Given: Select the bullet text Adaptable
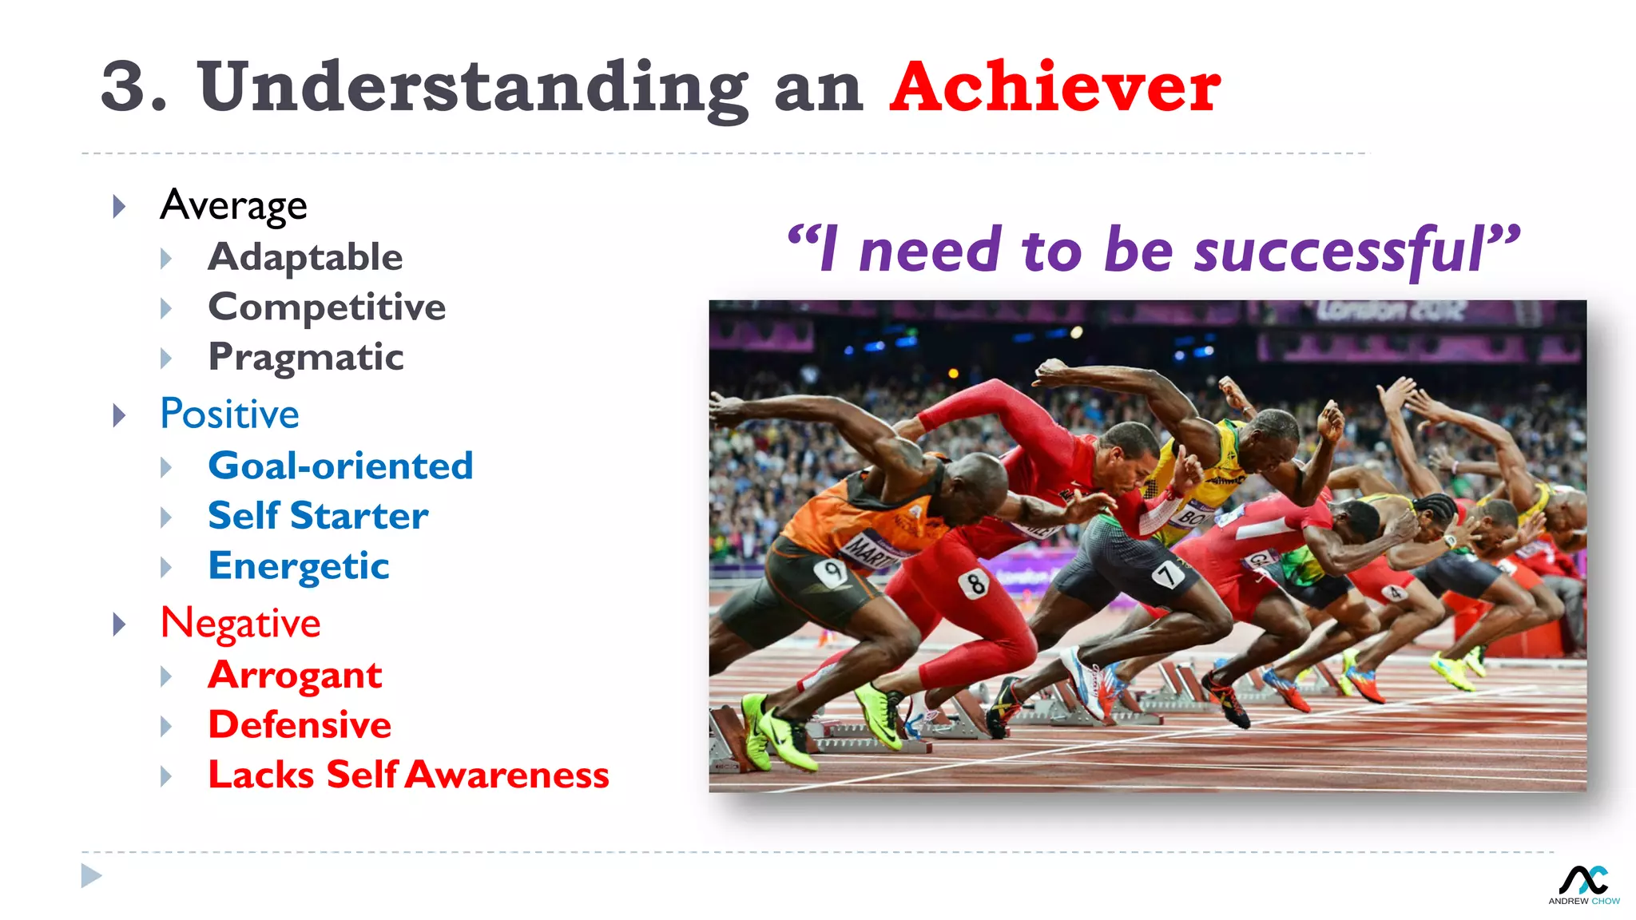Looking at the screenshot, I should [305, 257].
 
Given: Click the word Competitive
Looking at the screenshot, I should [327, 307].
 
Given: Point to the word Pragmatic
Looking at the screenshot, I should [306, 357].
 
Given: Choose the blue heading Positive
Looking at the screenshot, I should [229, 414].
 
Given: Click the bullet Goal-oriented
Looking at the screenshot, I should [340, 466].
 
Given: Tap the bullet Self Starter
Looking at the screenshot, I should [318, 516].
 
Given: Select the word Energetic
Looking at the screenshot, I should [299, 566].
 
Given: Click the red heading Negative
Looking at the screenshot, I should [240, 623].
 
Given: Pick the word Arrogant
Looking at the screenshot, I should [295, 676].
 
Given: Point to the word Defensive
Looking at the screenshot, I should [300, 725].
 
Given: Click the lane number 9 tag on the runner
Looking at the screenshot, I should [831, 572].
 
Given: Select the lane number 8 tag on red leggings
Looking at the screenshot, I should [975, 584].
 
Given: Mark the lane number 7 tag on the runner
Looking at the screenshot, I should [1167, 573].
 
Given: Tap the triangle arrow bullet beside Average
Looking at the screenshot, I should [120, 207].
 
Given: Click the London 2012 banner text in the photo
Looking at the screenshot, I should [1390, 310].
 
